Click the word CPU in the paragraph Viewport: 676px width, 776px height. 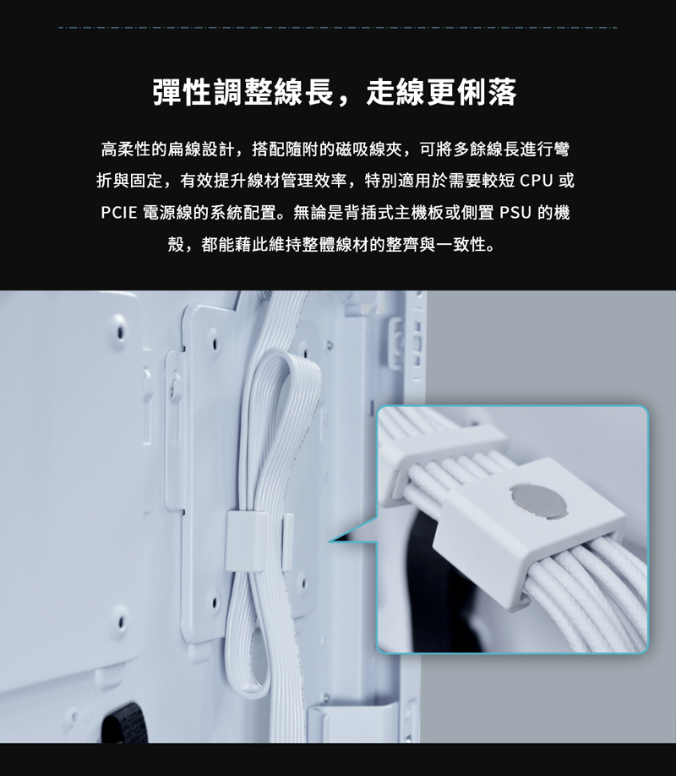click(537, 181)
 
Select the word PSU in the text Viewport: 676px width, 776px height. click(515, 213)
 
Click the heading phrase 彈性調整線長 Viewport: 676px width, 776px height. click(243, 92)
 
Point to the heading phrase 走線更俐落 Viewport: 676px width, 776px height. click(441, 92)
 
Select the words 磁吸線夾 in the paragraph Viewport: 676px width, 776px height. click(369, 149)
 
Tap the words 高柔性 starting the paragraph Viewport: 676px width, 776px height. click(126, 149)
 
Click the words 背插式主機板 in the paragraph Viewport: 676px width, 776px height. click(394, 213)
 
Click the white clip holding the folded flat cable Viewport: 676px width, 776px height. click(246, 540)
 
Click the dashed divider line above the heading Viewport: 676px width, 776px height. click(338, 28)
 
